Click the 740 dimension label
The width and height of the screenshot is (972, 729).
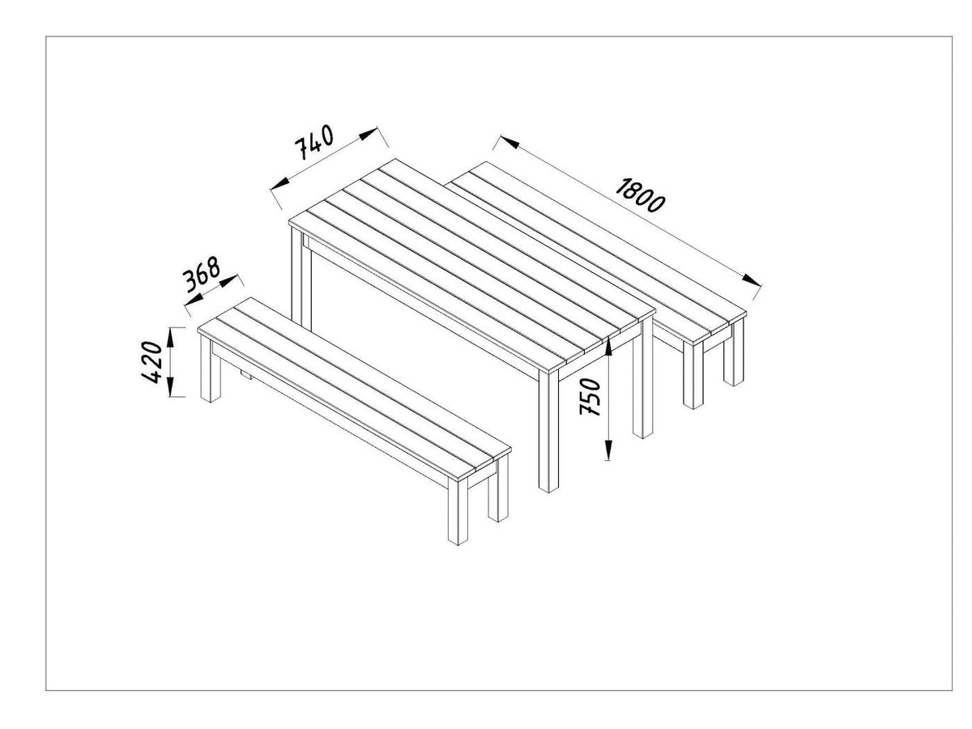313,141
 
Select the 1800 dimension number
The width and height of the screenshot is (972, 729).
640,194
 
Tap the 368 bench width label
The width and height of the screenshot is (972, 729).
201,275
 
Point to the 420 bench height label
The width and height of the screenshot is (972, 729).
152,362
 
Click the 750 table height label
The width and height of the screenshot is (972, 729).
590,396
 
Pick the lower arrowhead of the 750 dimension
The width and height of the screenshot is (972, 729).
608,450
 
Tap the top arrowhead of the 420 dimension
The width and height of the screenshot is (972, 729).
170,337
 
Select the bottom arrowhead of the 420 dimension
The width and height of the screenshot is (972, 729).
170,387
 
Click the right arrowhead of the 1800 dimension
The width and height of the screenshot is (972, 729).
752,280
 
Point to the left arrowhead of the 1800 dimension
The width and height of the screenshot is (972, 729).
509,142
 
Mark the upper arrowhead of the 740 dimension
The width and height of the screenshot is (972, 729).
368,134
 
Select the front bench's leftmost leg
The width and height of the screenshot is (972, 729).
211,369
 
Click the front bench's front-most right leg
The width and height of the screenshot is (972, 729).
458,510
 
